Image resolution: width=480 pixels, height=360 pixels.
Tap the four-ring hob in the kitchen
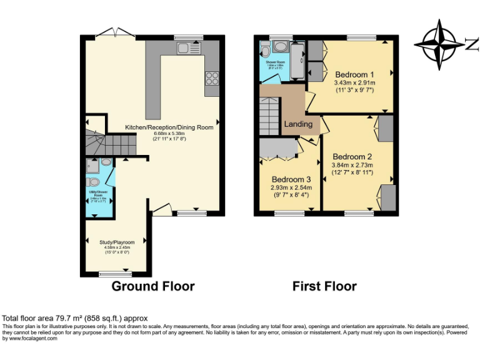coord(212,78)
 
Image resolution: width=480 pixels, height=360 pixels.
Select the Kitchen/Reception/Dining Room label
coord(169,127)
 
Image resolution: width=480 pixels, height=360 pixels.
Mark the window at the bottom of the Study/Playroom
coord(116,273)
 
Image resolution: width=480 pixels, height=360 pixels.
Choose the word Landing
coord(298,124)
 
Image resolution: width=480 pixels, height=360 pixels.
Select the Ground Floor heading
coord(152,286)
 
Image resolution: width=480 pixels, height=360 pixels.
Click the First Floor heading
coord(324,286)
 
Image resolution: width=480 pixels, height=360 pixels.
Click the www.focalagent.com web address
coord(30,338)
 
